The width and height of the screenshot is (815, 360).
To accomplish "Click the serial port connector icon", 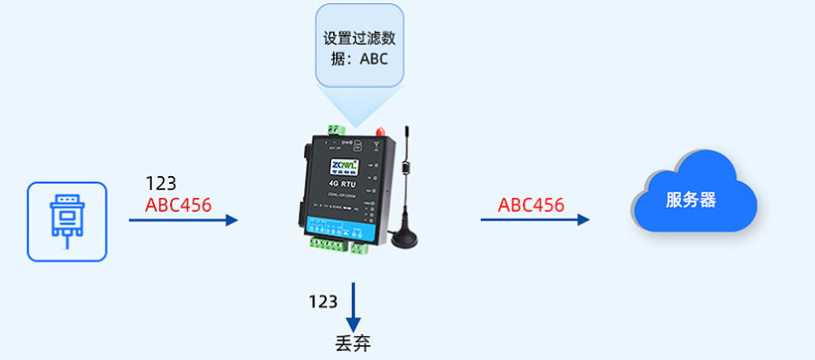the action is pyautogui.click(x=67, y=221).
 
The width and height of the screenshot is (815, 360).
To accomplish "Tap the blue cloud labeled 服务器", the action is pyautogui.click(x=695, y=194).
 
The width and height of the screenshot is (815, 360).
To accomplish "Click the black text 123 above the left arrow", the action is pyautogui.click(x=161, y=184).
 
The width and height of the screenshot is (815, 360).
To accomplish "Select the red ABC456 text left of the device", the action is pyautogui.click(x=179, y=206).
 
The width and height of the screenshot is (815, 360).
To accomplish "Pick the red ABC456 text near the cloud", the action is pyautogui.click(x=531, y=205).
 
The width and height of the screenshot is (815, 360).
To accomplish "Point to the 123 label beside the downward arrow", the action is pyautogui.click(x=323, y=300).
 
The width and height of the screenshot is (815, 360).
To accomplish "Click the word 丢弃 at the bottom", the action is pyautogui.click(x=353, y=345).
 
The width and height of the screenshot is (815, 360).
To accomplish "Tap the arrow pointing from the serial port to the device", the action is pyautogui.click(x=184, y=220).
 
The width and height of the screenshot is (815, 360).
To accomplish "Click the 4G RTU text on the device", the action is pyautogui.click(x=340, y=184).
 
